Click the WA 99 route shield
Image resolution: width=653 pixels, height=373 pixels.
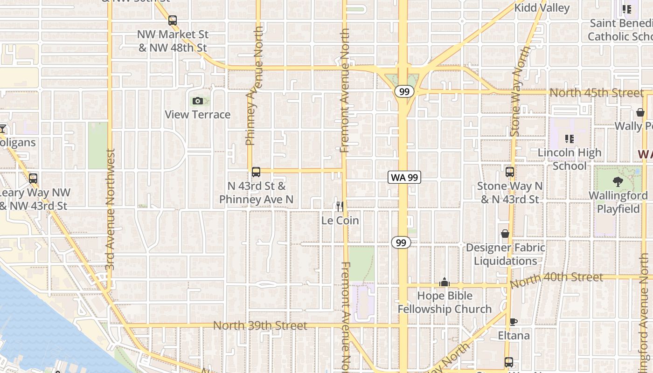click(x=404, y=177)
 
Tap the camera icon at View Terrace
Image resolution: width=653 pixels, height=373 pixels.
click(x=198, y=101)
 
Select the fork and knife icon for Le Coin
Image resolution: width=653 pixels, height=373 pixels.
click(x=340, y=206)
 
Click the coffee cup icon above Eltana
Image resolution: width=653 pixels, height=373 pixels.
click(x=513, y=322)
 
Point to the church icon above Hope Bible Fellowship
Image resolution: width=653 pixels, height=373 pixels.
click(x=445, y=282)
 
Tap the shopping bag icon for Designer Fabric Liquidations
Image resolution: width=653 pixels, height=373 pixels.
click(x=505, y=234)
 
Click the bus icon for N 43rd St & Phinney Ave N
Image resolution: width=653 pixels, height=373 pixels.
click(x=256, y=172)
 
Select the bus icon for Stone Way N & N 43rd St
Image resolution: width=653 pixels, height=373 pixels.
click(x=509, y=172)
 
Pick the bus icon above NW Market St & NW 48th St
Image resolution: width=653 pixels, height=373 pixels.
click(x=173, y=21)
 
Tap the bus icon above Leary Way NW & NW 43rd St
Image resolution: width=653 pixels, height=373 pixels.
click(x=33, y=179)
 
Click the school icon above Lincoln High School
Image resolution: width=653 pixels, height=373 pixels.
click(x=569, y=138)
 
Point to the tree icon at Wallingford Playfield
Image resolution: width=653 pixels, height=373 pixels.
click(x=618, y=182)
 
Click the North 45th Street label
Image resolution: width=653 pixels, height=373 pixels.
click(x=596, y=93)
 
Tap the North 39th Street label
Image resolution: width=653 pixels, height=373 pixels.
click(x=260, y=325)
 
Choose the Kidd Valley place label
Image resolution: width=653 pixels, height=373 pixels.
click(x=542, y=8)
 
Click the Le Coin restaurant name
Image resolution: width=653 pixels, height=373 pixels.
click(x=340, y=221)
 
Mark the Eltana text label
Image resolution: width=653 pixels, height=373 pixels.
click(x=514, y=336)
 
